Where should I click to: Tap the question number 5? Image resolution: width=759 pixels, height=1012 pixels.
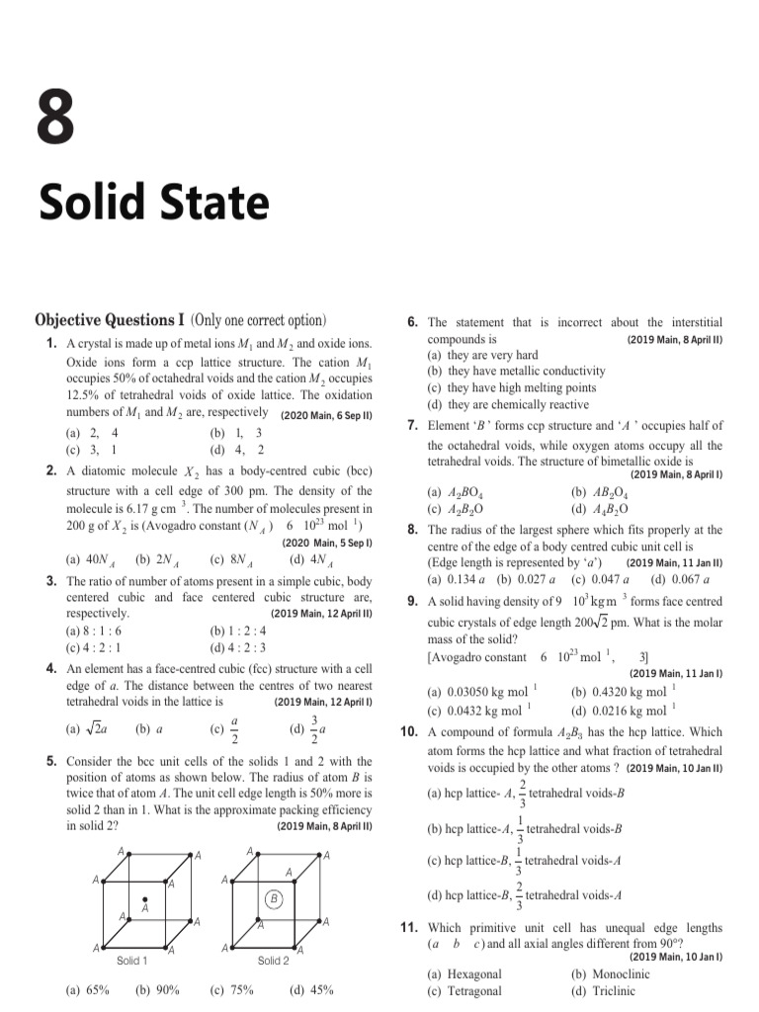[x=50, y=762]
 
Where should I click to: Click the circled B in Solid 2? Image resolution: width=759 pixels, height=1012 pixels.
[x=274, y=898]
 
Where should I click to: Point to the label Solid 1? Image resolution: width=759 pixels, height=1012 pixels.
[x=131, y=961]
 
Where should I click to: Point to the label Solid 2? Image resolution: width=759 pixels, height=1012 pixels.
[x=273, y=961]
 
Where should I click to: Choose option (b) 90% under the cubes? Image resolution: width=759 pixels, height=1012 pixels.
[x=157, y=989]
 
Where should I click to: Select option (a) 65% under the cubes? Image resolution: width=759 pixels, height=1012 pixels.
[x=87, y=989]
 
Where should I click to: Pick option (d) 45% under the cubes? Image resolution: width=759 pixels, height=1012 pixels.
[x=310, y=989]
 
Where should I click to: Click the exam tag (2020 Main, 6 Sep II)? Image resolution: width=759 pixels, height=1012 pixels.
[x=326, y=416]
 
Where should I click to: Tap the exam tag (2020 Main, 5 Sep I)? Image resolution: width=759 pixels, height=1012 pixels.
[x=326, y=544]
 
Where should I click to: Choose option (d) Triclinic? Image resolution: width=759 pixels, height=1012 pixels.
[x=596, y=991]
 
